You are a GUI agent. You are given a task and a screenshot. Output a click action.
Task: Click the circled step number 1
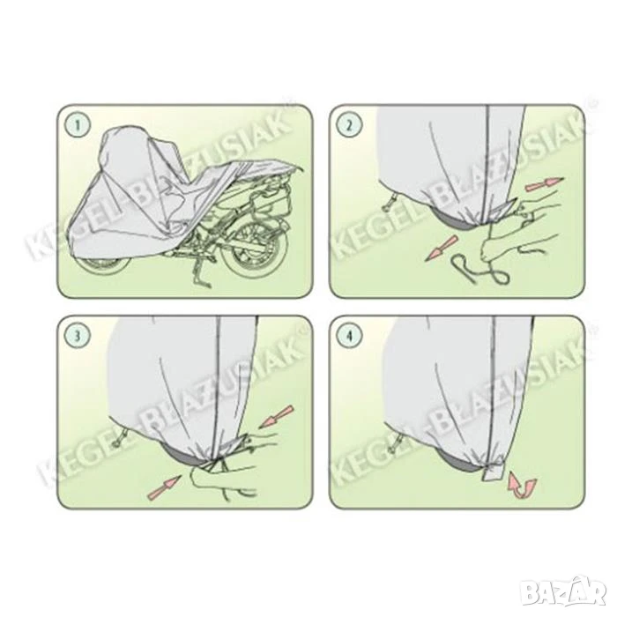78,126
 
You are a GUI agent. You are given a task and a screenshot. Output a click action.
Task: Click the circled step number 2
349,126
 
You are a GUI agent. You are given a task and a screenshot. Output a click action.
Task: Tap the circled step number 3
78,336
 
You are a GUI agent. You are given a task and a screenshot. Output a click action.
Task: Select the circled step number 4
349,336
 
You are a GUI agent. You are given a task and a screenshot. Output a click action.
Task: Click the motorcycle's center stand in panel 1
198,271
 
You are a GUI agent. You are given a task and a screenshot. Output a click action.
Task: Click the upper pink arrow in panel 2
545,183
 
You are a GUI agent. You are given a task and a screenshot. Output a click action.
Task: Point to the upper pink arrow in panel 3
277,417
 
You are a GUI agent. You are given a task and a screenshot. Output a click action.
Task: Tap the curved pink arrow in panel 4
522,485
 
